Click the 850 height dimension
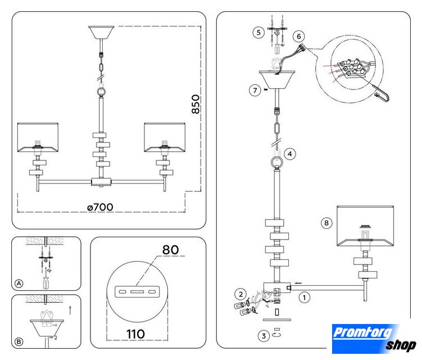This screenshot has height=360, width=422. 196,104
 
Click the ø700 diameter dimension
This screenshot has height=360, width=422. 100,207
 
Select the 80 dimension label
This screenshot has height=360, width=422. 170,250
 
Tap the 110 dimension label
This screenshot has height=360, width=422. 135,334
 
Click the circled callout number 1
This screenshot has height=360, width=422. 305,298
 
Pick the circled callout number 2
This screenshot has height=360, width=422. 241,294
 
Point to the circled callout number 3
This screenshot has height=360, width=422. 264,336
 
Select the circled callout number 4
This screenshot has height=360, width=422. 290,154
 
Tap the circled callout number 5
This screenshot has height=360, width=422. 258,33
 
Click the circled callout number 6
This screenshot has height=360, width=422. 299,36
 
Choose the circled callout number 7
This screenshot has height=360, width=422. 255,90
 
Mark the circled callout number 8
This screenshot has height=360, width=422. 326,223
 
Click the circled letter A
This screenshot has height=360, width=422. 19,283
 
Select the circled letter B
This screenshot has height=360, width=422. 19,341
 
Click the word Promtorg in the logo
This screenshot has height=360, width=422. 362,332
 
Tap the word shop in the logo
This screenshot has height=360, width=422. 401,345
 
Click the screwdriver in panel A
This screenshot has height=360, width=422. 46,280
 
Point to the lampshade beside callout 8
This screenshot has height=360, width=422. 365,226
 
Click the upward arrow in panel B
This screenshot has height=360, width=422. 70,310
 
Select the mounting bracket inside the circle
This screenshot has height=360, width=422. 137,292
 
